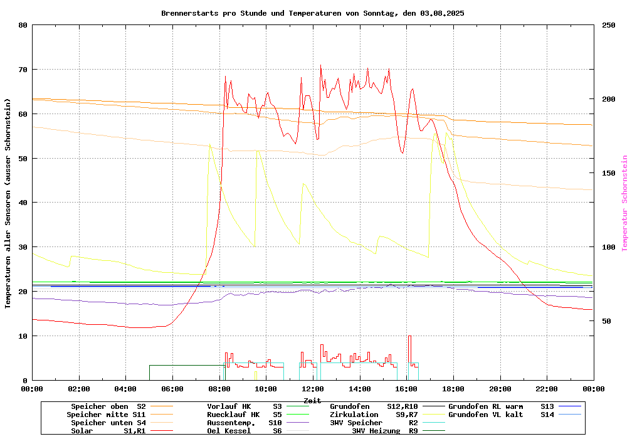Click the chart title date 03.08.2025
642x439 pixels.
coord(442,13)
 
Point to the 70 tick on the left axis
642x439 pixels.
coord(23,70)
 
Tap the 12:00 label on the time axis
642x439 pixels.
coord(312,389)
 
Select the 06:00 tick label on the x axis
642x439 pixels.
coord(172,389)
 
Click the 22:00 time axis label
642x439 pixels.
coord(547,389)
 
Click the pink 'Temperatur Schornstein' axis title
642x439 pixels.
coord(624,203)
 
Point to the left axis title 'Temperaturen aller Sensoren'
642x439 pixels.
coord(8,203)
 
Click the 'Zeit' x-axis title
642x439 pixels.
coord(312,400)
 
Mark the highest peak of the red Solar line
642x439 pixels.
coord(320,65)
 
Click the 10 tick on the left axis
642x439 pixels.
coord(23,336)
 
